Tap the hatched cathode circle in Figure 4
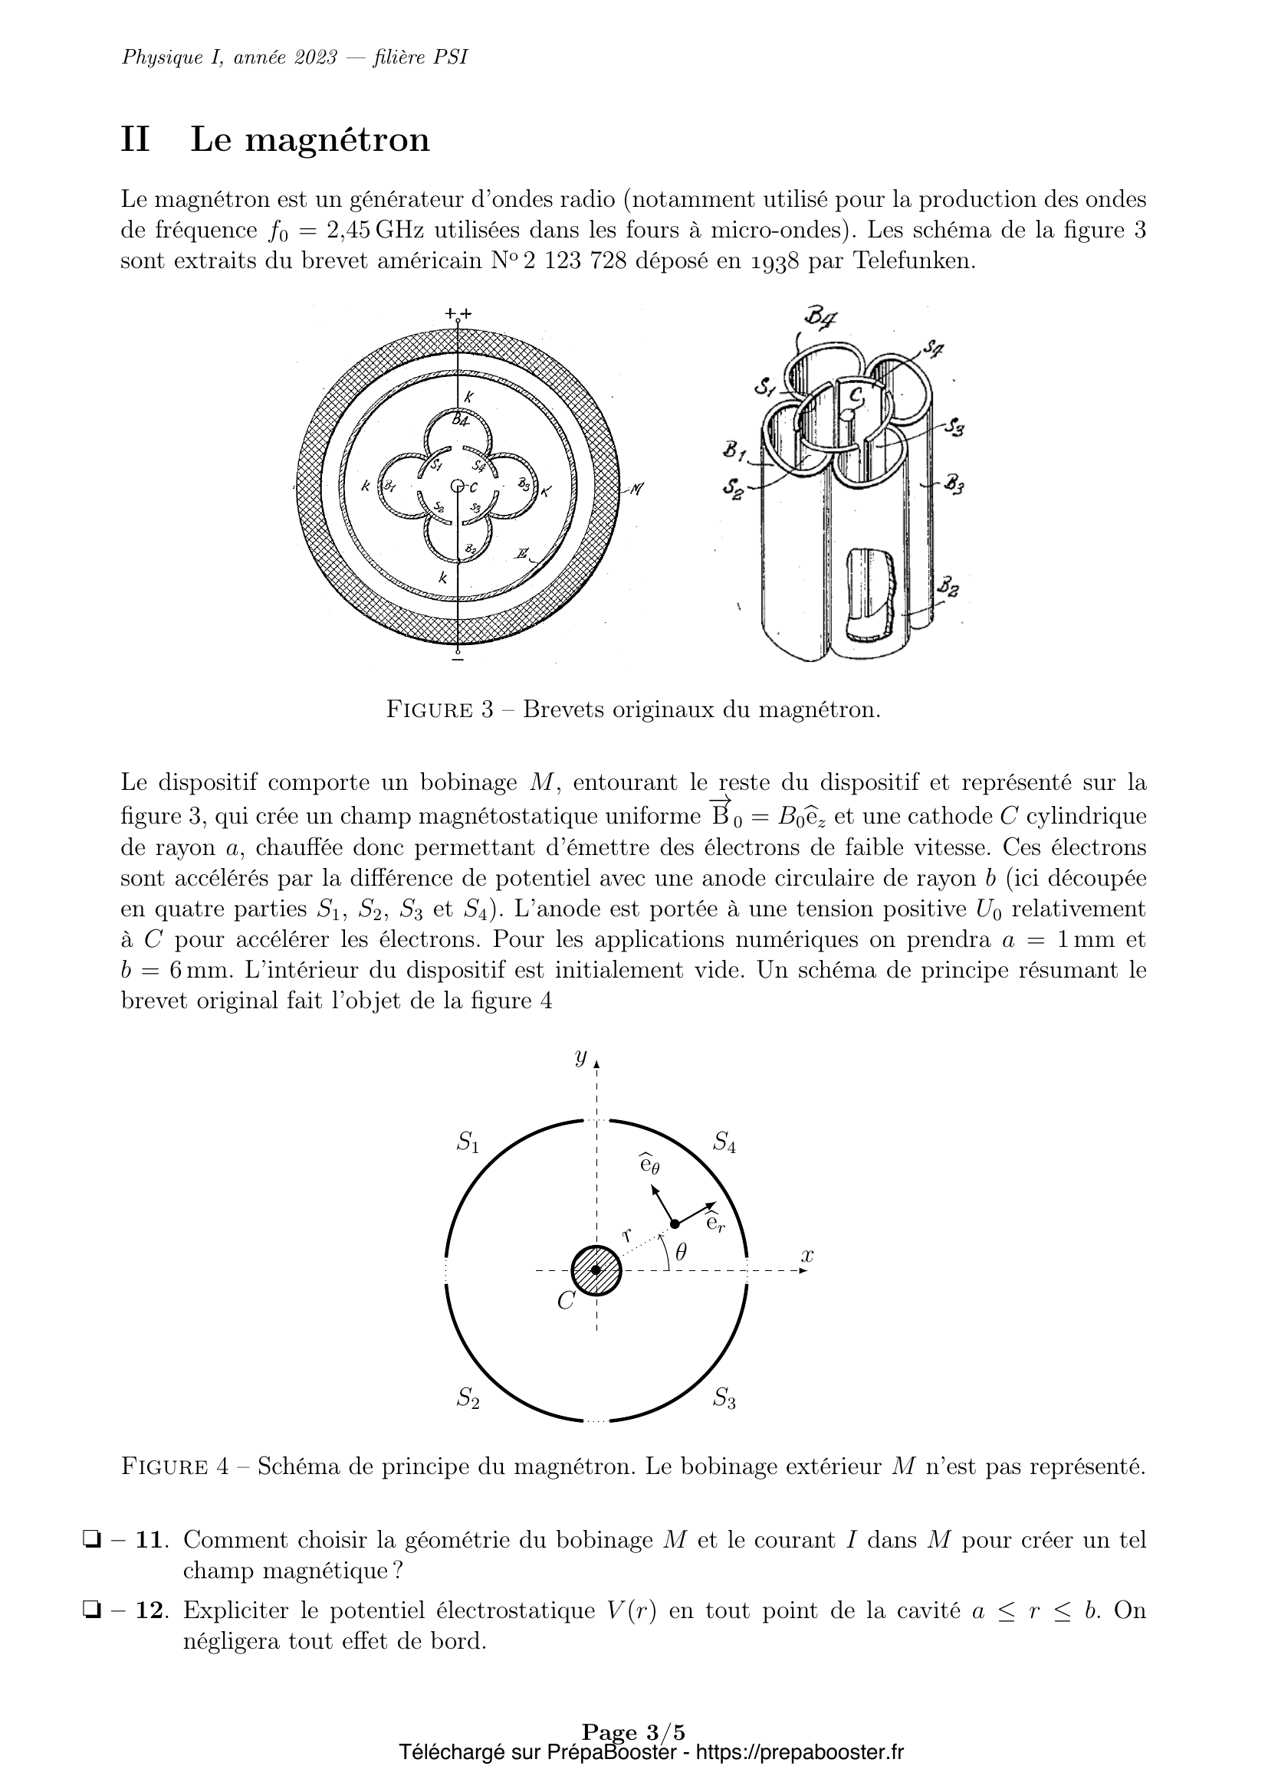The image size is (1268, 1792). click(x=596, y=1269)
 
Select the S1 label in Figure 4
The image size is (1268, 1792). click(x=468, y=1143)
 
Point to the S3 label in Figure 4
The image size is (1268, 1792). click(x=724, y=1400)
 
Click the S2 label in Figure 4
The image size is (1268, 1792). click(x=468, y=1400)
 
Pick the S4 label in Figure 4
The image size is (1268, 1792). click(x=724, y=1143)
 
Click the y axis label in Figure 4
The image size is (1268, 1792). click(x=580, y=1057)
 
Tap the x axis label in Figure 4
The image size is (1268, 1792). click(x=806, y=1256)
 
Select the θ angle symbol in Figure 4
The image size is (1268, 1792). click(x=681, y=1253)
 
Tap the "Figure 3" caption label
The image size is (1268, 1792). click(x=440, y=710)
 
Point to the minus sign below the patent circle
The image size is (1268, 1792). click(x=458, y=660)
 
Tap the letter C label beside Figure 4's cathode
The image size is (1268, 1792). click(x=566, y=1301)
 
